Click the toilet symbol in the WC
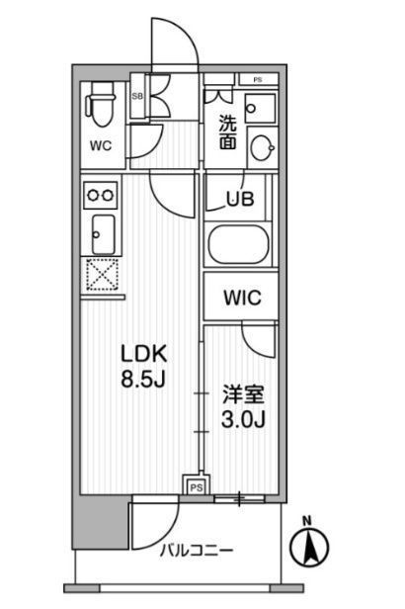(x=102, y=104)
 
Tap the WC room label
(x=101, y=146)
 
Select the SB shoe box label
(x=137, y=96)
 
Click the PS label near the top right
(x=258, y=80)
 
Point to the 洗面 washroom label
(x=228, y=132)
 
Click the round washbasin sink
(x=262, y=147)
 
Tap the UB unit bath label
(x=240, y=200)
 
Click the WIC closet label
(x=242, y=298)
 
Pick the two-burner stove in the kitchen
(x=101, y=195)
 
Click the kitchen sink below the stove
(x=103, y=234)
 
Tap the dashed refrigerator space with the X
(x=102, y=274)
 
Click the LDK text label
(x=144, y=354)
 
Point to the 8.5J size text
(x=143, y=379)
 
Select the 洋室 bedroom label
(x=243, y=394)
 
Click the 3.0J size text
(x=243, y=419)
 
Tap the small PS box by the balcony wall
(x=197, y=486)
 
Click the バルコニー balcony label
(x=198, y=551)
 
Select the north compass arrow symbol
(x=309, y=548)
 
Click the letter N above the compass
(x=307, y=520)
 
